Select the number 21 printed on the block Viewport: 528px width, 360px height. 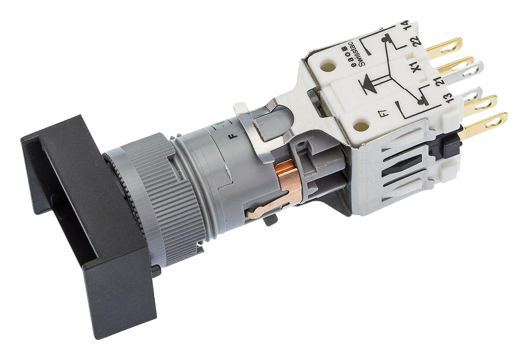pos(440,79)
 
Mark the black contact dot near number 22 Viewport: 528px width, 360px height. pos(385,40)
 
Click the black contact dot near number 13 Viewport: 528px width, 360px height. pos(421,102)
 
